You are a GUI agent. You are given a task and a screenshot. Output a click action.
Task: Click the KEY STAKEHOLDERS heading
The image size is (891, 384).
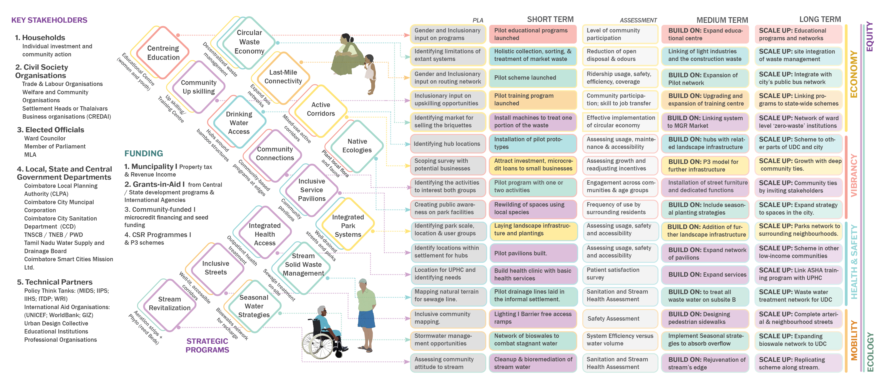[49, 20]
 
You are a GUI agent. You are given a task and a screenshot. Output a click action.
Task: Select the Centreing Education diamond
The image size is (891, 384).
[163, 53]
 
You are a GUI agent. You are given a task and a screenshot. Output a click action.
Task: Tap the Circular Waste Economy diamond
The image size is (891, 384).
[249, 42]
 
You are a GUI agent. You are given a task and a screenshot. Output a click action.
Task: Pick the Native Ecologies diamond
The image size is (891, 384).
[357, 146]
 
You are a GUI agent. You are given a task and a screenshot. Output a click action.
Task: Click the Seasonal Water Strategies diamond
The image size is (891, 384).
[254, 306]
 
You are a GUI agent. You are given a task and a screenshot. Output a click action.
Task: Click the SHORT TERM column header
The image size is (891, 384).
[550, 19]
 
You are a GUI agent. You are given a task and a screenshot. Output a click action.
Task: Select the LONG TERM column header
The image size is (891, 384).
[820, 19]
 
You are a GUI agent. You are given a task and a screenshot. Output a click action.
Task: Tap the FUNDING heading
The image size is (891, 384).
[144, 153]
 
